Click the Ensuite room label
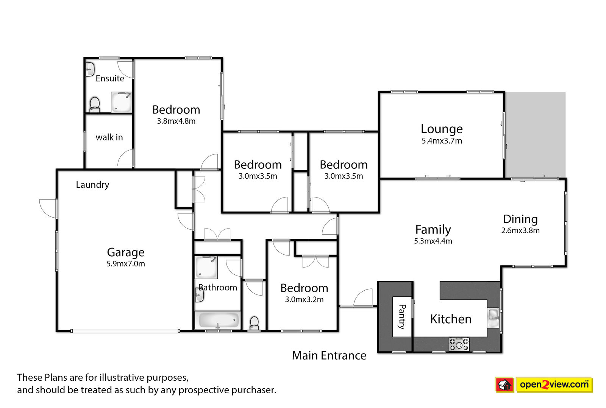click(110, 78)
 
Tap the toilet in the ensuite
click(95, 104)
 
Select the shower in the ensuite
click(122, 102)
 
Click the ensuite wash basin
click(90, 69)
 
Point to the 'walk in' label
click(109, 137)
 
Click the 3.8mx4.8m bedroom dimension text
click(176, 121)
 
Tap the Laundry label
click(92, 185)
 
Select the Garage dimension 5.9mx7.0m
click(126, 264)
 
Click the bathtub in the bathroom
click(218, 320)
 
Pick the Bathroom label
click(218, 287)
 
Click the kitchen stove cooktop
click(459, 344)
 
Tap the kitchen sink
click(494, 318)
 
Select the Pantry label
click(402, 317)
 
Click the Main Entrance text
click(329, 355)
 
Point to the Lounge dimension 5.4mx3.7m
click(442, 141)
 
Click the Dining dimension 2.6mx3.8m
click(520, 230)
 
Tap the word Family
click(433, 230)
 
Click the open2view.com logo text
click(554, 385)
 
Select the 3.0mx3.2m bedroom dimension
click(305, 300)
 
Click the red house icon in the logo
click(504, 385)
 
